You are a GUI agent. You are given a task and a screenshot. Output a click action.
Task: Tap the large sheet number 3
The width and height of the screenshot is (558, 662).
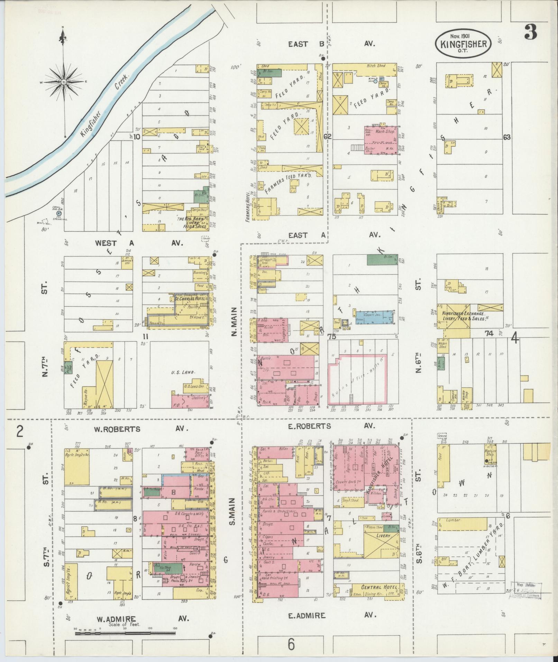click(x=530, y=32)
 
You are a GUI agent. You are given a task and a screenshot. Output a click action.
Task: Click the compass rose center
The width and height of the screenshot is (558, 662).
click(x=64, y=82)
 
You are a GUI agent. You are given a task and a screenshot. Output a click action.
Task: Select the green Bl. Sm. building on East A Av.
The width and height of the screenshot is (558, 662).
click(x=382, y=260)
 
